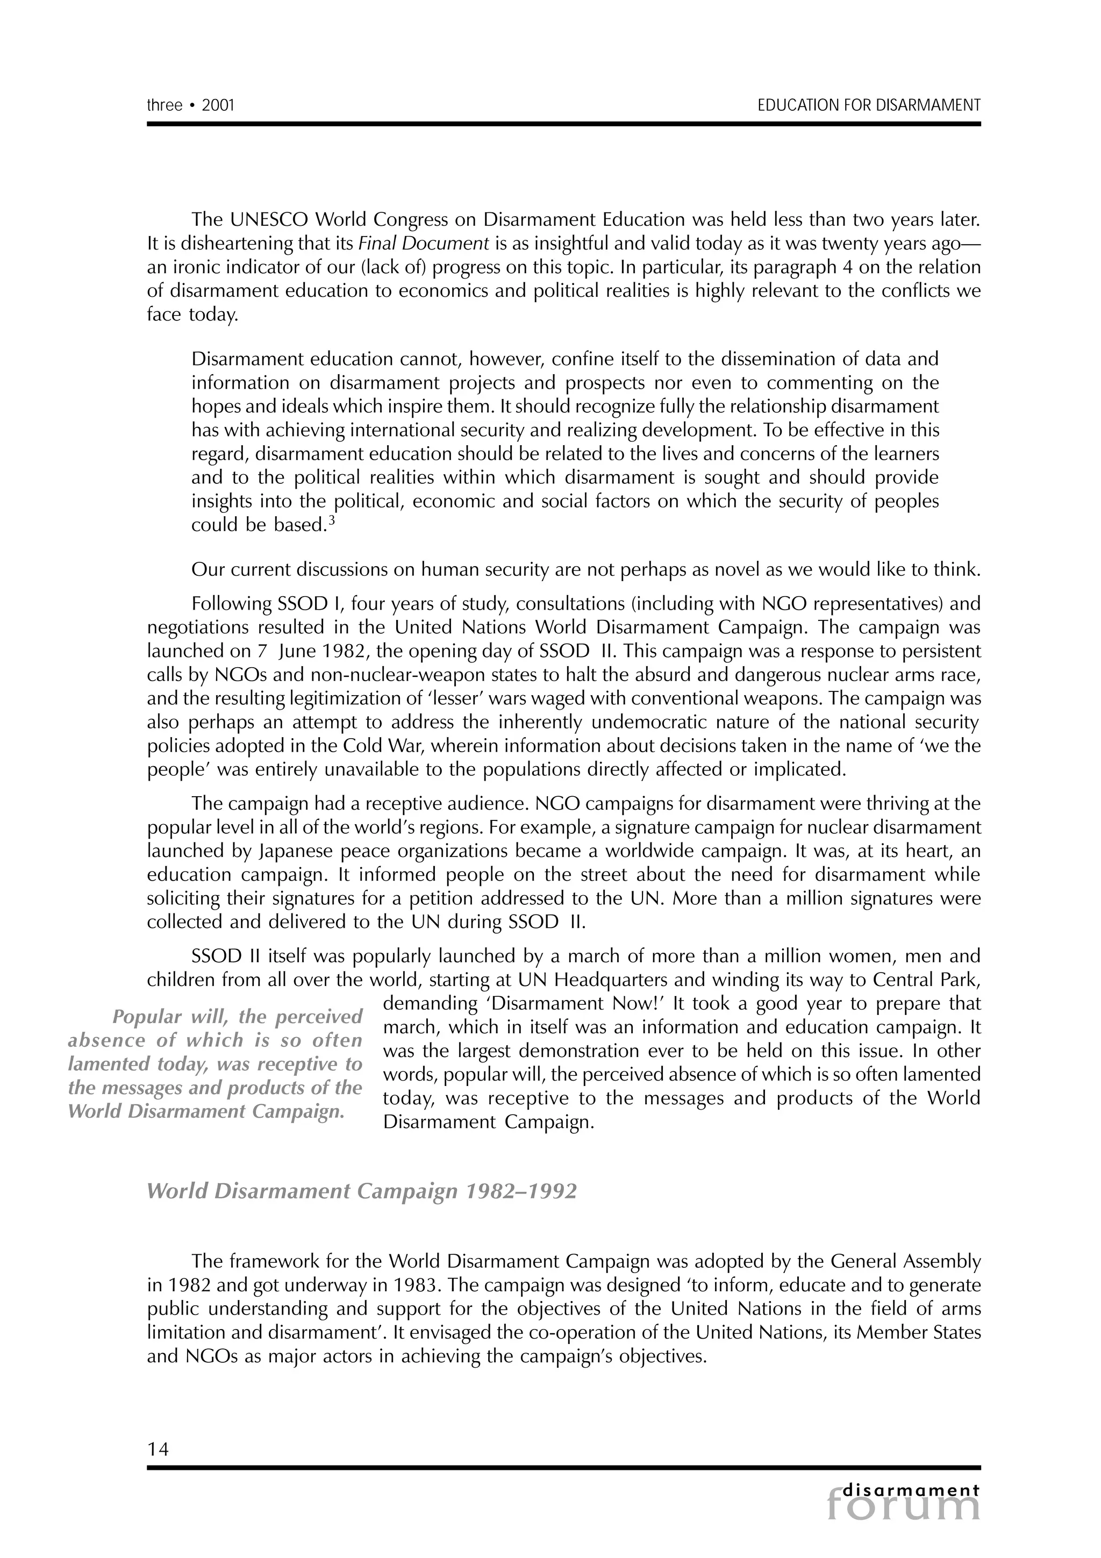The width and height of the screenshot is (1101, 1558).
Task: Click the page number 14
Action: point(158,1449)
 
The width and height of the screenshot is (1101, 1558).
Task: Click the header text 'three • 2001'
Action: point(191,105)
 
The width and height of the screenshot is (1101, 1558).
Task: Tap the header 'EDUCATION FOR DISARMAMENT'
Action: point(868,105)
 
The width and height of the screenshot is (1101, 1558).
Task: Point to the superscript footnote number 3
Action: point(332,520)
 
